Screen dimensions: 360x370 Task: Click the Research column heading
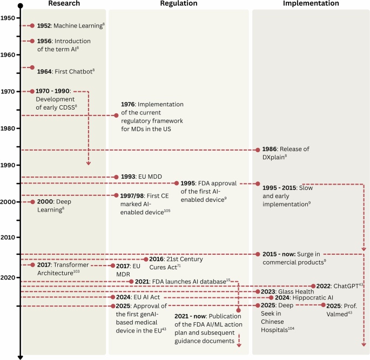pyautogui.click(x=64, y=4)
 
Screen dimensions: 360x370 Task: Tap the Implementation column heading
pyautogui.click(x=311, y=4)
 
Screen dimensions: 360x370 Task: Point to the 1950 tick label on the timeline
pyautogui.click(x=8, y=18)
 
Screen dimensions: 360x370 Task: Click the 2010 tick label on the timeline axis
pyautogui.click(x=8, y=237)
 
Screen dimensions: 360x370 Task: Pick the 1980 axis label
pyautogui.click(x=8, y=128)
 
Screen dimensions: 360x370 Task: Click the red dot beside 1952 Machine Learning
pyautogui.click(x=32, y=25)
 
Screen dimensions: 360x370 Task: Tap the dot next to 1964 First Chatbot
pyautogui.click(x=32, y=67)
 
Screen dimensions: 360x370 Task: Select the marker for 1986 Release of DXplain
pyautogui.click(x=257, y=150)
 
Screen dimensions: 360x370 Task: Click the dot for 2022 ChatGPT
pyautogui.click(x=313, y=286)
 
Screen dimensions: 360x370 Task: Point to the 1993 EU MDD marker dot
pyautogui.click(x=116, y=176)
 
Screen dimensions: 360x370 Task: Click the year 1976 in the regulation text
pyautogui.click(x=128, y=104)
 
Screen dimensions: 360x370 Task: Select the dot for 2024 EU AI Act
pyautogui.click(x=112, y=297)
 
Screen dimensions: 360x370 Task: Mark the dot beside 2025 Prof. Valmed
pyautogui.click(x=323, y=305)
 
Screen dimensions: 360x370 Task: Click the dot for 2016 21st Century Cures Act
pyautogui.click(x=146, y=259)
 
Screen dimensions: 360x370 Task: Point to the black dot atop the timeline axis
pyautogui.click(x=20, y=5)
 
